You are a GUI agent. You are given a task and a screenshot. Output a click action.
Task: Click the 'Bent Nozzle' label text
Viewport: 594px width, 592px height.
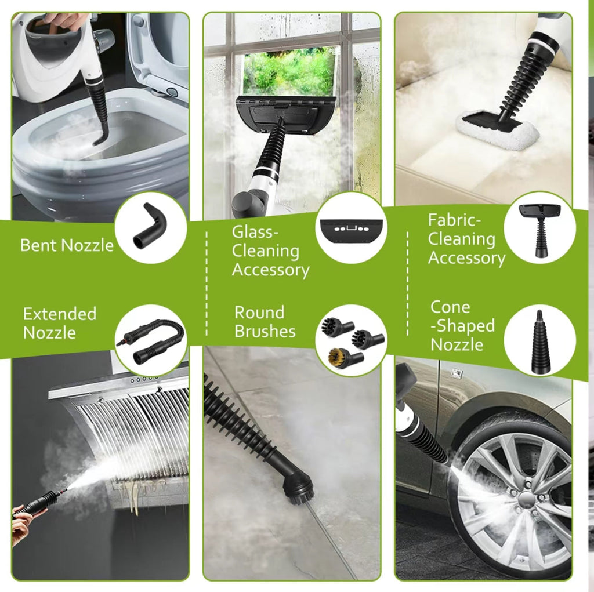pyautogui.click(x=67, y=245)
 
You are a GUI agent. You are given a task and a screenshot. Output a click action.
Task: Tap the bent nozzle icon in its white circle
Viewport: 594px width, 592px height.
pyautogui.click(x=150, y=227)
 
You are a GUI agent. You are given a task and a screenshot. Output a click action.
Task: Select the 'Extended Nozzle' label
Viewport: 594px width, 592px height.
pyautogui.click(x=59, y=323)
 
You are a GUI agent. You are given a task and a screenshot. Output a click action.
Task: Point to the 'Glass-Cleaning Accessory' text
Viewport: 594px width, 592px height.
pyautogui.click(x=270, y=251)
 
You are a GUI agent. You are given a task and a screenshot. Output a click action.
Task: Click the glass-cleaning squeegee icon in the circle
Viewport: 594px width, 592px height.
pyautogui.click(x=350, y=228)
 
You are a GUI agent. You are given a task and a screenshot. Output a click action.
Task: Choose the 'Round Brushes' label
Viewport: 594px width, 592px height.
pyautogui.click(x=265, y=322)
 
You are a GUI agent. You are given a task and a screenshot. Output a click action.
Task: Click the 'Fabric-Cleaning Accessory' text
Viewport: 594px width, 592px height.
pyautogui.click(x=466, y=239)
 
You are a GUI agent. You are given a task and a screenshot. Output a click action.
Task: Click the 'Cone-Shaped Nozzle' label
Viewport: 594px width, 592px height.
pyautogui.click(x=462, y=325)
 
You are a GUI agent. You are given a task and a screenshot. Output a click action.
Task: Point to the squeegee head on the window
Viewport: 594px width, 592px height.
pyautogui.click(x=285, y=114)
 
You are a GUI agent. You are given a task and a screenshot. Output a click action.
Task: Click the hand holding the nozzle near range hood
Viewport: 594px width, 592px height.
pyautogui.click(x=22, y=525)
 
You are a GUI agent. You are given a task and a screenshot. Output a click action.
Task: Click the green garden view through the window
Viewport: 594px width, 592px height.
pyautogui.click(x=288, y=72)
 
